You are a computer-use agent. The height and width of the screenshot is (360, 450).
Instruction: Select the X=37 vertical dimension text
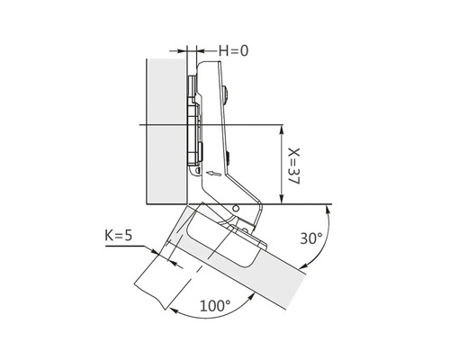293,164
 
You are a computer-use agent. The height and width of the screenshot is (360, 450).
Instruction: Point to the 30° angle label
310,238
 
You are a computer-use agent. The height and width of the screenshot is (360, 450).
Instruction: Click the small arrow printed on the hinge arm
211,172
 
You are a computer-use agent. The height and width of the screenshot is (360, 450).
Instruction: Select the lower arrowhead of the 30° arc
302,265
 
